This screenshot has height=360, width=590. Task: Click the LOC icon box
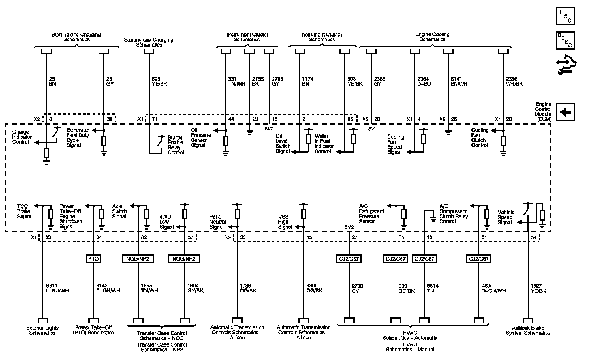click(565, 16)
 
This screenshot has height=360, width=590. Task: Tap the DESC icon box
click(565, 40)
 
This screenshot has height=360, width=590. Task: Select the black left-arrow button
click(565, 112)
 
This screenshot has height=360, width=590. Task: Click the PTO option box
click(93, 259)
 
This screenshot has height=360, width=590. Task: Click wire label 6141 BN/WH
click(459, 81)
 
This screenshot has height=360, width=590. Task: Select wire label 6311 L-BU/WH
click(57, 288)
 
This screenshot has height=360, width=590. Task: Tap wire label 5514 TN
click(432, 288)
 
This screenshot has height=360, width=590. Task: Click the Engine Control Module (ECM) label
click(543, 111)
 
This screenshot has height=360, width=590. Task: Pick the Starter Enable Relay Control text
click(176, 145)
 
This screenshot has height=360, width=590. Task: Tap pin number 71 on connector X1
click(155, 119)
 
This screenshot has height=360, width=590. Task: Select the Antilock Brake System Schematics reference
click(528, 330)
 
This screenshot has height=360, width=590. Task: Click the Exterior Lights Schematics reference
click(42, 330)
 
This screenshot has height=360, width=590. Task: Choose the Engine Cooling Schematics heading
click(432, 37)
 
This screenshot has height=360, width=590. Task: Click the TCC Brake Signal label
click(24, 211)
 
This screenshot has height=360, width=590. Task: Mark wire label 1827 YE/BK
click(538, 288)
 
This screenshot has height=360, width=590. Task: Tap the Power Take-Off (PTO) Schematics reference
click(93, 330)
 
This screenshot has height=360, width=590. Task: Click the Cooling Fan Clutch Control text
click(480, 138)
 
